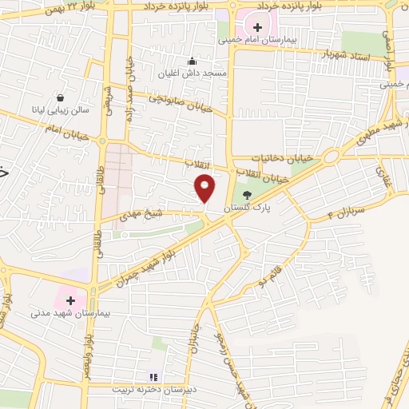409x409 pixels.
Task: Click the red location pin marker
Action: pyautogui.click(x=205, y=187)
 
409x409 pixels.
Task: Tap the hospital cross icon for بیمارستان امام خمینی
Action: pyautogui.click(x=258, y=28)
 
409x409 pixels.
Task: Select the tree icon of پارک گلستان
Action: pyautogui.click(x=246, y=195)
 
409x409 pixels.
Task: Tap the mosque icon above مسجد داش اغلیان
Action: pyautogui.click(x=192, y=62)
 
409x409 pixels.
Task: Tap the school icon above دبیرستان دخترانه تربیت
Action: pyautogui.click(x=153, y=377)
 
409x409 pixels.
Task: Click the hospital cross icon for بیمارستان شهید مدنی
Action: pyautogui.click(x=71, y=300)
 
